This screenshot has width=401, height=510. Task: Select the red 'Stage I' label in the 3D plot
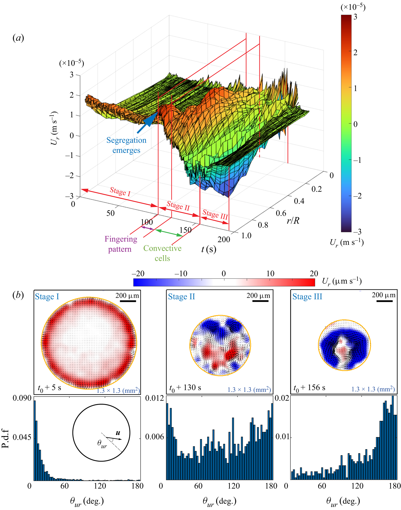click(120, 192)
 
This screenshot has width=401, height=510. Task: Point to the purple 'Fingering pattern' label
click(121, 244)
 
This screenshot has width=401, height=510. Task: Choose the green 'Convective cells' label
click(162, 253)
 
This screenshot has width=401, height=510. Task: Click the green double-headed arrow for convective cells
click(169, 233)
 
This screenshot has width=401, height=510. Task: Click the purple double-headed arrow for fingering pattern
click(147, 228)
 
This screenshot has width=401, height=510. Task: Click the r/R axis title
click(293, 221)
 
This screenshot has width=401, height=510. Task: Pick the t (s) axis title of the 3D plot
click(209, 249)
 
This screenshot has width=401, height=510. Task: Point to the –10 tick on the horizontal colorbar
click(181, 273)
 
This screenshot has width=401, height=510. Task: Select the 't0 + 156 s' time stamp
click(309, 388)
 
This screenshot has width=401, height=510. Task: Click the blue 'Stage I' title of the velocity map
click(47, 297)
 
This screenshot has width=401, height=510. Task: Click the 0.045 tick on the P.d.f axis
click(22, 437)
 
